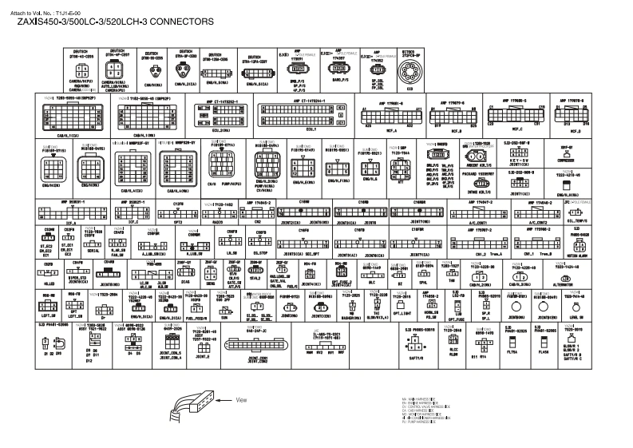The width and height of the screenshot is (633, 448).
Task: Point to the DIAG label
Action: (185, 282)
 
